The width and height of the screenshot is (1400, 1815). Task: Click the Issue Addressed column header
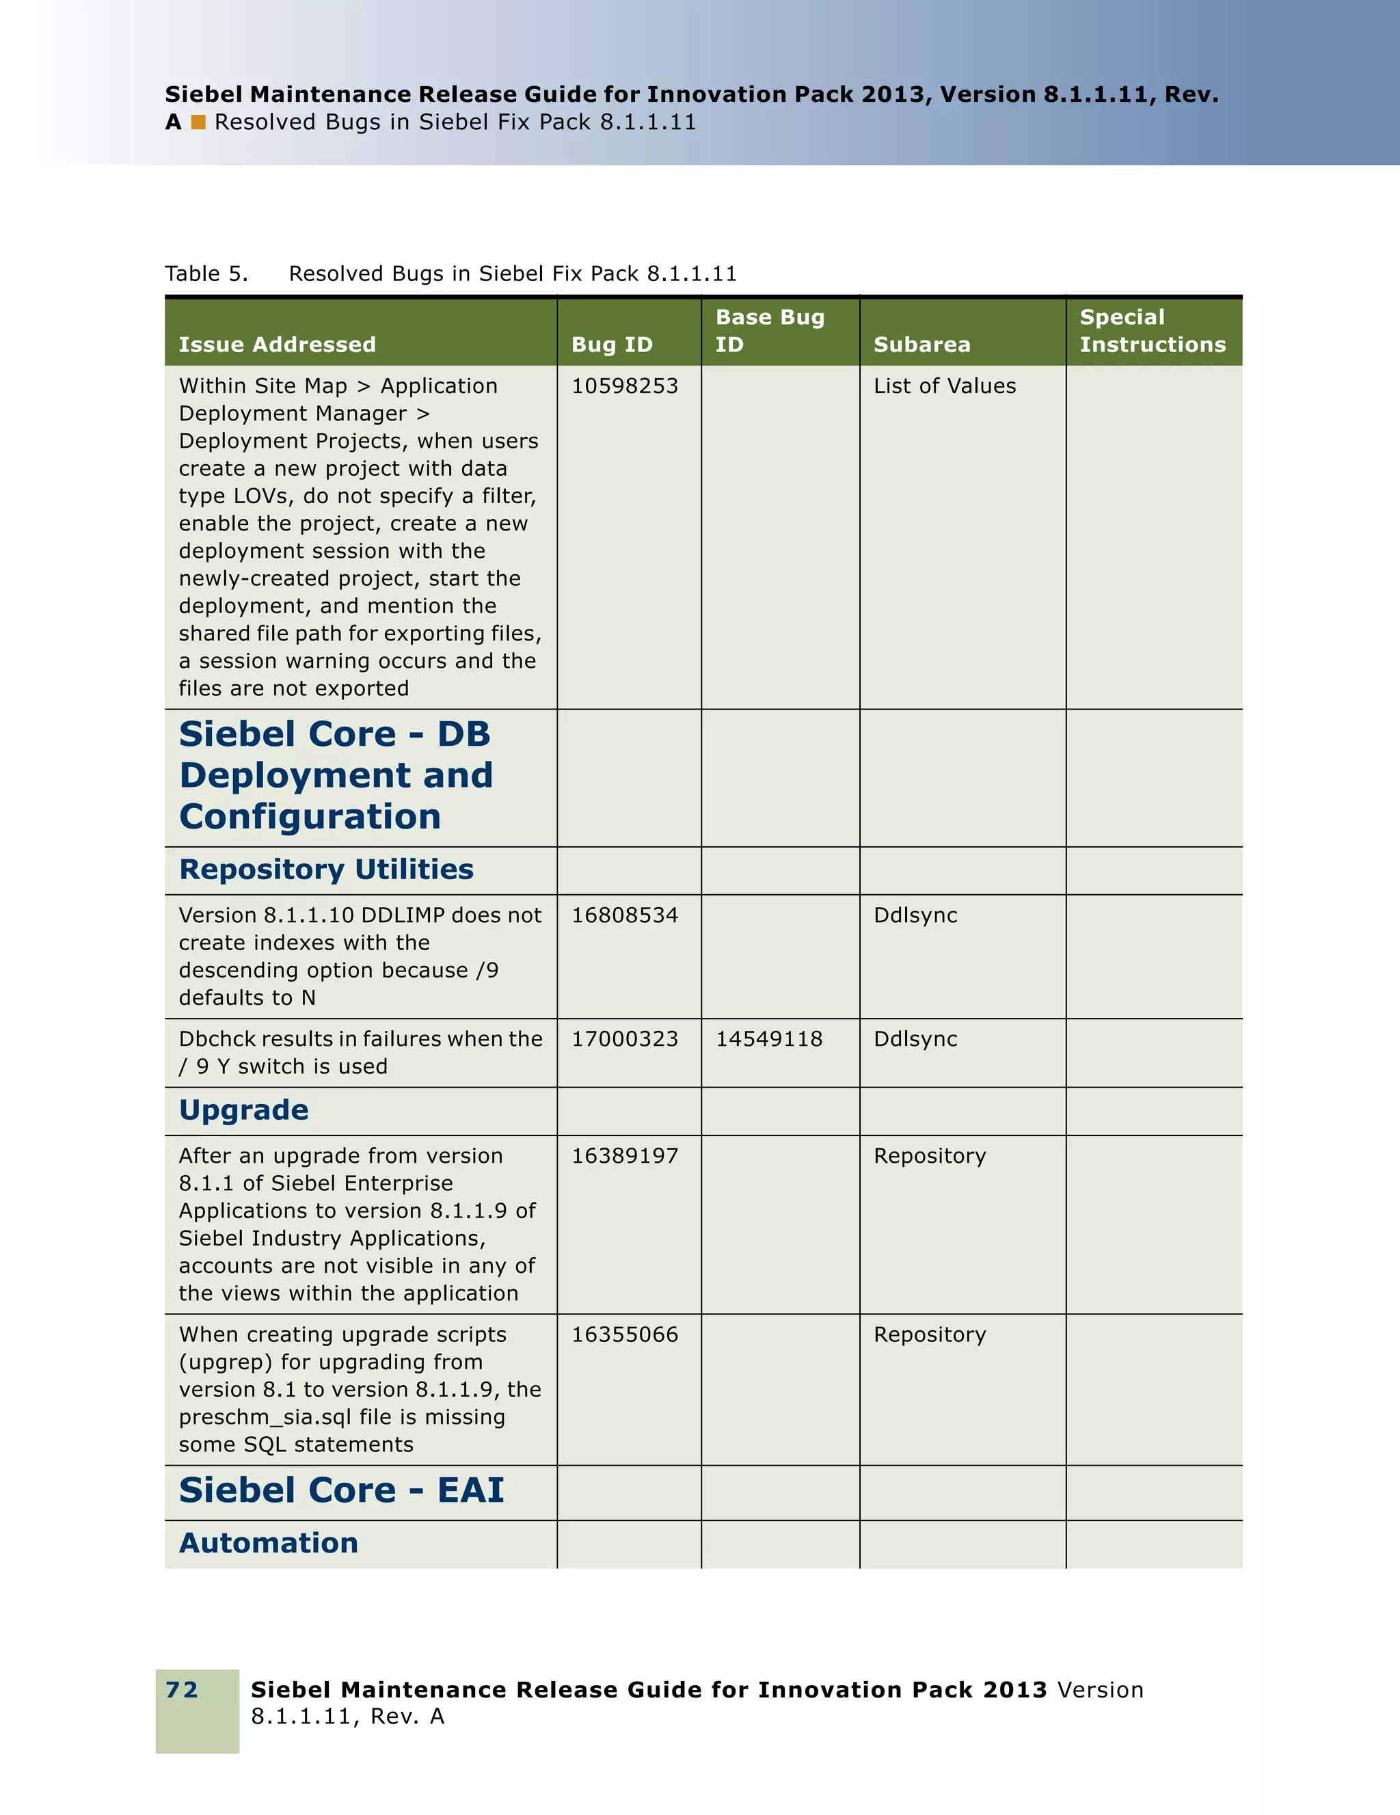pos(277,345)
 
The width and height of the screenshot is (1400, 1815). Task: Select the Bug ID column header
pos(612,345)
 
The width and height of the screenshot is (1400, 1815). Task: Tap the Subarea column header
pos(921,345)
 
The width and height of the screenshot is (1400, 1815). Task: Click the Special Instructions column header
pos(1152,331)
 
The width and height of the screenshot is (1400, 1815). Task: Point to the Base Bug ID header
pos(769,331)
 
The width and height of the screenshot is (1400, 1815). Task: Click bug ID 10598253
pos(624,386)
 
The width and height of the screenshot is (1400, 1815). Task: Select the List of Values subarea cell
pos(944,386)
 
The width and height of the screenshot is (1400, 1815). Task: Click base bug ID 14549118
pos(768,1040)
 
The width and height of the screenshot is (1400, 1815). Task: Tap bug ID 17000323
pos(624,1040)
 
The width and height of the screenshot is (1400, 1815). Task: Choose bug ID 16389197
pos(624,1156)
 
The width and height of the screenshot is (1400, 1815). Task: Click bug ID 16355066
pos(624,1334)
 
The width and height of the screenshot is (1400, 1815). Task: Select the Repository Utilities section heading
pos(325,870)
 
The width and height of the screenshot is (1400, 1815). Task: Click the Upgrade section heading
pos(243,1110)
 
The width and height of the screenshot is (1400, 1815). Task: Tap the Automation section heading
pos(269,1543)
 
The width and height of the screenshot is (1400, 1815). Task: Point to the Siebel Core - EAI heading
pos(340,1490)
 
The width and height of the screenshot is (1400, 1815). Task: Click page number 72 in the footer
pos(182,1689)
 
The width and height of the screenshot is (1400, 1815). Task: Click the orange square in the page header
pos(198,122)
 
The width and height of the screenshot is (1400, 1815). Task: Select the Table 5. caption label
pos(206,274)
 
